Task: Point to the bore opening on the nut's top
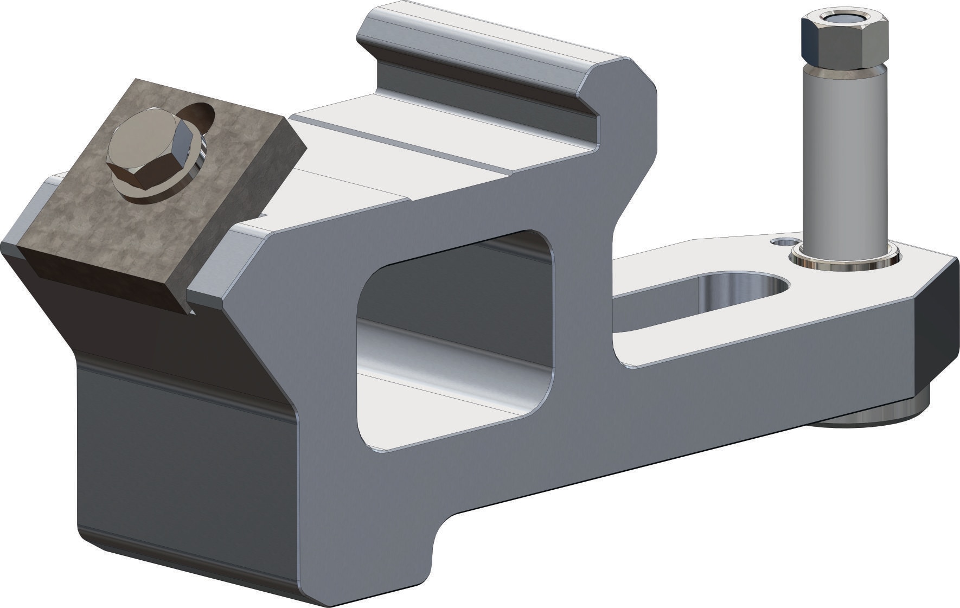pos(845,18)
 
